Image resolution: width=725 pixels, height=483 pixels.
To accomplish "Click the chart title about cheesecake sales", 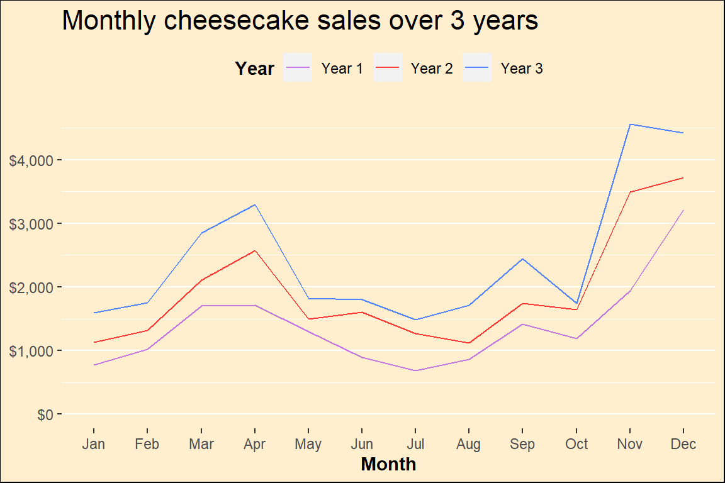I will click(300, 21).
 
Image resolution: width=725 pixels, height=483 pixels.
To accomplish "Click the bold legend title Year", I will click(254, 69).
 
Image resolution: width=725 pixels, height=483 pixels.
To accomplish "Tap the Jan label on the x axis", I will click(93, 445).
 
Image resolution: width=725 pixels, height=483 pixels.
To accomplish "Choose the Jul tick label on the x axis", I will click(415, 445).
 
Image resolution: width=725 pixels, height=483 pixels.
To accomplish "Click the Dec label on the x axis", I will click(683, 445).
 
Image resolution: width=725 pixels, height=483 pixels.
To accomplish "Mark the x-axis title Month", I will click(388, 465).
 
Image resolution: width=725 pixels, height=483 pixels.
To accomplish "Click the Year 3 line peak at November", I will click(630, 124).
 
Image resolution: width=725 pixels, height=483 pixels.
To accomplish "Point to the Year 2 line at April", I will click(254, 250).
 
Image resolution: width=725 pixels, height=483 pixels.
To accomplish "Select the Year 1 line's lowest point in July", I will click(415, 370).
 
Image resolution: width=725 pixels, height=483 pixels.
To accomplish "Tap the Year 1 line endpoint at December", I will click(683, 210).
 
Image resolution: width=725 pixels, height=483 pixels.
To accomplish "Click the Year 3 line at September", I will click(523, 258).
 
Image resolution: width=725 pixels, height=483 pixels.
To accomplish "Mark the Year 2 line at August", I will click(469, 343).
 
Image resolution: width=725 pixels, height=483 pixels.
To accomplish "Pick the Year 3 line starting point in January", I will click(93, 313).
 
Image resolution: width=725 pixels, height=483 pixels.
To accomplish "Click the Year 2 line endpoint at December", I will click(683, 178).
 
